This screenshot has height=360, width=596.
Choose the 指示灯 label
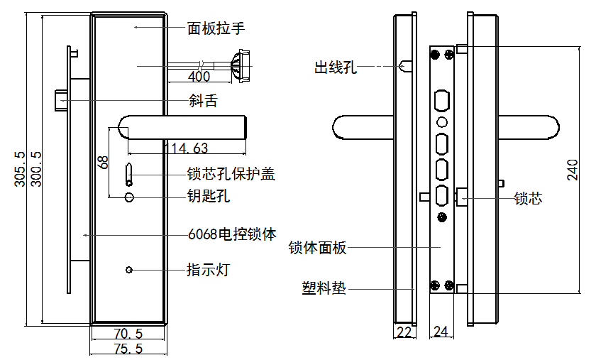coord(208,270)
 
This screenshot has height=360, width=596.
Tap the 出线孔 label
coord(336,67)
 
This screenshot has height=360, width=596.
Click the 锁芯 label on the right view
coord(528,199)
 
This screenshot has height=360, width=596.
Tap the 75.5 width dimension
coord(128,349)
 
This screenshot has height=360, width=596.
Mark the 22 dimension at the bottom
coord(404,332)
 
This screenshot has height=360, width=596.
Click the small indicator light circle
coord(129,270)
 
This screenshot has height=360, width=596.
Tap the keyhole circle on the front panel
coord(129,197)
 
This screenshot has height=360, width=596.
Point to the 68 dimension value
coord(104,161)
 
